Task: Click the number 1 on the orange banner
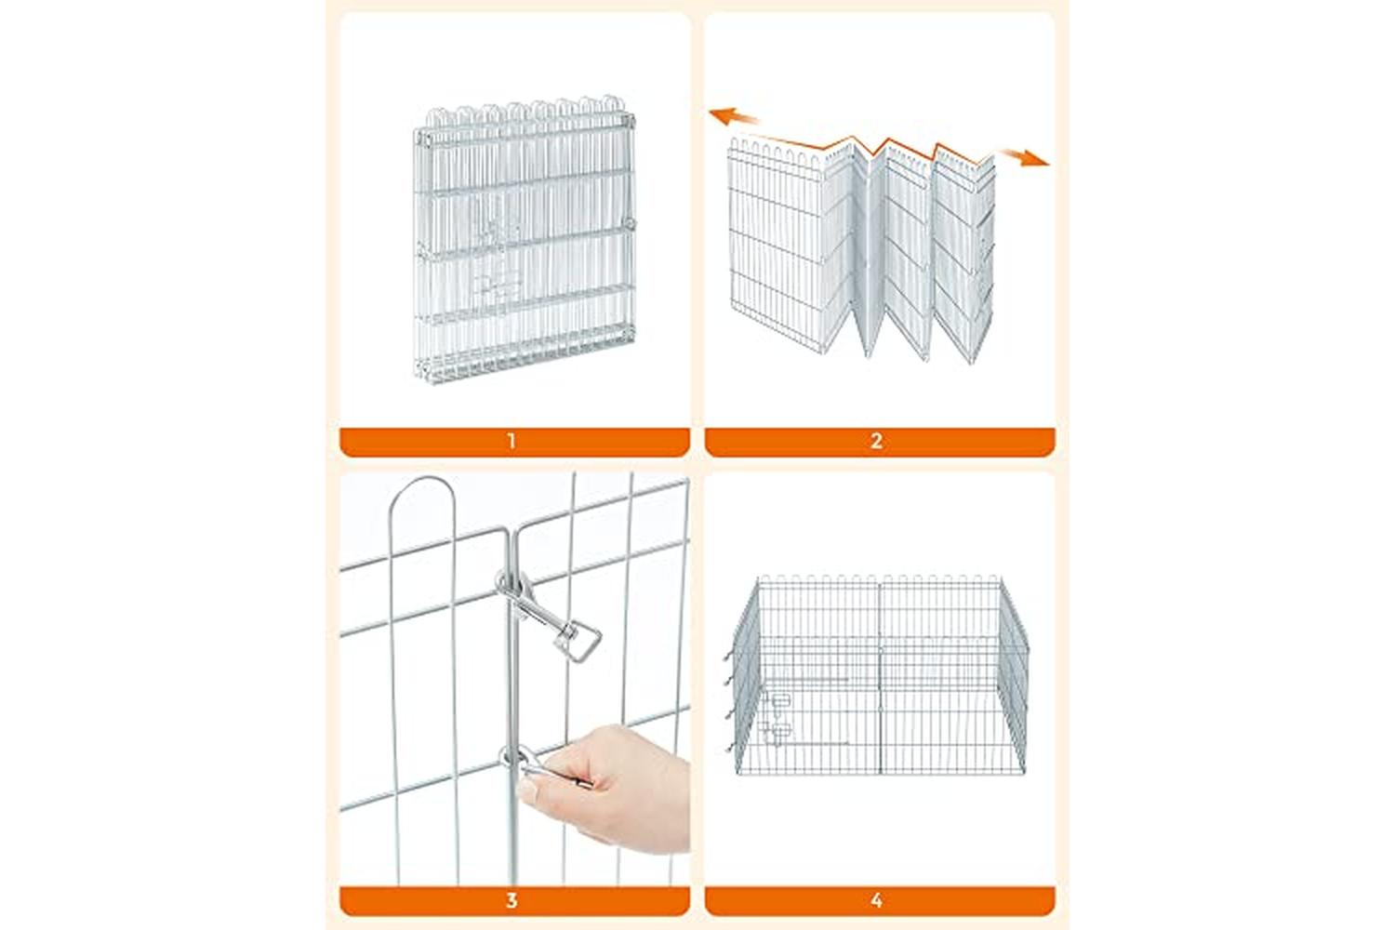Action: [511, 442]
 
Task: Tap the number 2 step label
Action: [876, 442]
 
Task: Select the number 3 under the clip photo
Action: [511, 901]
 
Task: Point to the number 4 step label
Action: [876, 901]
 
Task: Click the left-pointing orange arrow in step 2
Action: [734, 116]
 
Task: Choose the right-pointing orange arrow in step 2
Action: [1025, 157]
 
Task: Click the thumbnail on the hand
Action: [527, 790]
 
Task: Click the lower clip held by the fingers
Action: [529, 765]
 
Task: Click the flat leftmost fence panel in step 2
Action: [776, 243]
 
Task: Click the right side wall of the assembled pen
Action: [1013, 676]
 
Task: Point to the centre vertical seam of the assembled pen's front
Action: [880, 679]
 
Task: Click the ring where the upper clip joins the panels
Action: [510, 583]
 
